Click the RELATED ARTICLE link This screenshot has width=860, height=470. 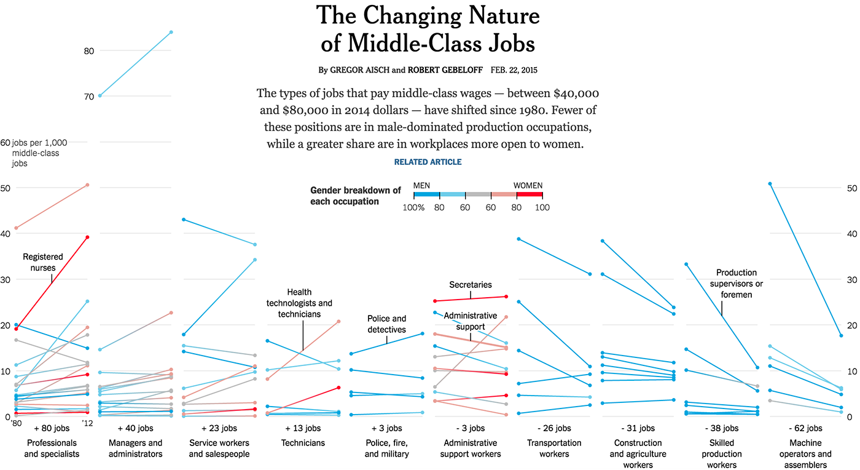coord(428,162)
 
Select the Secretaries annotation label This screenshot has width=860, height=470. coord(471,285)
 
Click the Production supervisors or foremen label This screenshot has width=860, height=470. coord(736,284)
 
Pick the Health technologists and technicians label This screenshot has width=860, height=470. coord(299,303)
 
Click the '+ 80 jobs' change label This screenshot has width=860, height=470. coord(52,428)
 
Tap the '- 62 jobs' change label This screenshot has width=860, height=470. coord(805,428)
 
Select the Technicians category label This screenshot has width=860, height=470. coord(303,443)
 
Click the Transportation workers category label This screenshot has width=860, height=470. coord(555,448)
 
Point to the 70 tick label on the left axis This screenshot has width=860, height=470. coord(88,96)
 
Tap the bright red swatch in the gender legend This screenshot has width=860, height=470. coord(530,194)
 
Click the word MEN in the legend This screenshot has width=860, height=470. coord(422,185)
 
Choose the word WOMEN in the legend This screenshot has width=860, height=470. coord(528,185)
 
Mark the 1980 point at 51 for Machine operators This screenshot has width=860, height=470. coord(770,184)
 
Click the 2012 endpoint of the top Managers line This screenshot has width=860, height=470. coord(171,32)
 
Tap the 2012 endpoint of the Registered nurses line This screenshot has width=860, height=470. coord(87,237)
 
